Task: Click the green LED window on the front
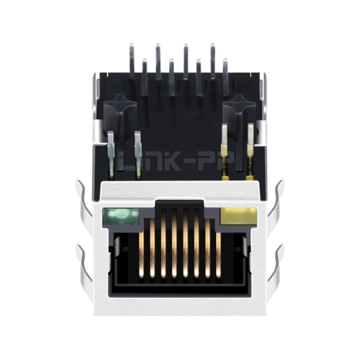[x=121, y=216]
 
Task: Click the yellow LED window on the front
[x=238, y=216]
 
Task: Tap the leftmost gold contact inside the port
[x=142, y=254]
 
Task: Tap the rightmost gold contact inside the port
[x=218, y=254]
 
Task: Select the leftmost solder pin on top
[x=132, y=61]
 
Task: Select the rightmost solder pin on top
[x=226, y=76]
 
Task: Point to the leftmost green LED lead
[x=111, y=155]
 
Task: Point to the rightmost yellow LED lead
[x=250, y=151]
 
